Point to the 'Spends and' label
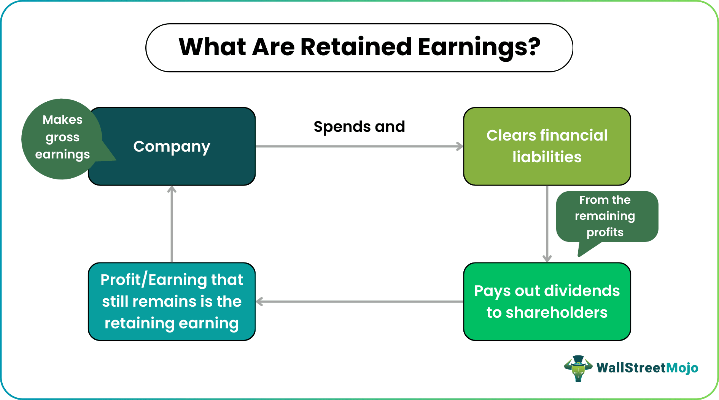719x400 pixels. tap(359, 126)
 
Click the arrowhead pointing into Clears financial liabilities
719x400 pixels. tap(460, 146)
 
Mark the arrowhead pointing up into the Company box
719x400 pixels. tap(172, 189)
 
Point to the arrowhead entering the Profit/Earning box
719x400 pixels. tap(260, 302)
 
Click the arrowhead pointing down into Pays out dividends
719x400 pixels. tap(547, 258)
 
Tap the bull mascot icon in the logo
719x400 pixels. tap(578, 368)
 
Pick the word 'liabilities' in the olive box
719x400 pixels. tap(547, 157)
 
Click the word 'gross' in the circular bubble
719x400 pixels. tap(62, 137)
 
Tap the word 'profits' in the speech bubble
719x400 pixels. tap(605, 232)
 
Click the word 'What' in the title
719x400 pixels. tap(212, 47)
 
